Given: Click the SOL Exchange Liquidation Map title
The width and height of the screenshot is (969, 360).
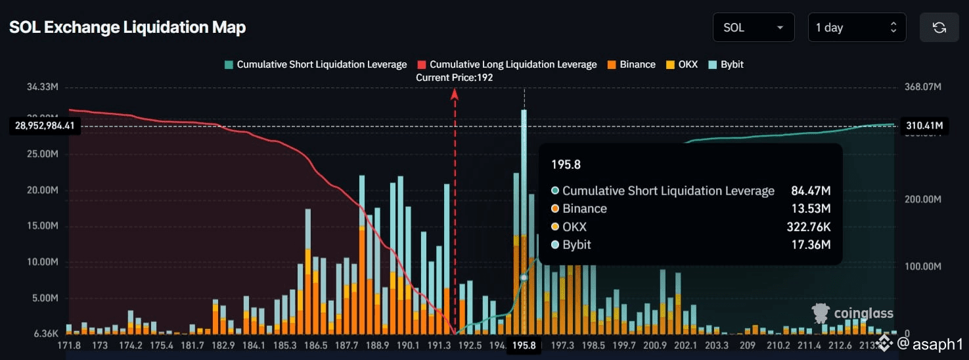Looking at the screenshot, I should [127, 28].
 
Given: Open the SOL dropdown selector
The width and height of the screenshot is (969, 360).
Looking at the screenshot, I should [753, 28].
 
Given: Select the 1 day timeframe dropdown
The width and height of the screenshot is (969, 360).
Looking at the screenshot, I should [856, 28].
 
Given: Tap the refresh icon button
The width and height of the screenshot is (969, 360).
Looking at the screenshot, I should [939, 28].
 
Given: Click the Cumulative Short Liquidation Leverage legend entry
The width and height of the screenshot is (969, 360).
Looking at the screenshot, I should [315, 64].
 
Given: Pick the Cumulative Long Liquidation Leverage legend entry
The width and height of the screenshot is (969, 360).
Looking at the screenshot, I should [507, 64].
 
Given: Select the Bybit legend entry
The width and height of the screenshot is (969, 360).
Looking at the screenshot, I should [726, 64].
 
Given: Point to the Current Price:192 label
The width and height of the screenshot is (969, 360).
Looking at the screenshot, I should [454, 78].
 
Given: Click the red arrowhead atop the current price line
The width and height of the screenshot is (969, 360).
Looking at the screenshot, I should [454, 94].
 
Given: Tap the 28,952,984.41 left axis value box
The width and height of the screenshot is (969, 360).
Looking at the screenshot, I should [45, 125].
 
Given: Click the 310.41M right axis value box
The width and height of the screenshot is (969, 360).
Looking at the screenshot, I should [924, 125].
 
